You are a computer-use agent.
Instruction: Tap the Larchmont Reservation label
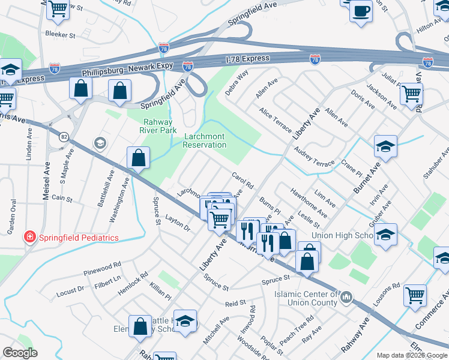click(205, 140)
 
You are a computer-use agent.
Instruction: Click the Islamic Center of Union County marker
click(347, 298)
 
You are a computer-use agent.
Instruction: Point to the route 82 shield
click(64, 137)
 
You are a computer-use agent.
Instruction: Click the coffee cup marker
click(361, 11)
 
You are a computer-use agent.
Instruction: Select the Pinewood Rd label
click(102, 267)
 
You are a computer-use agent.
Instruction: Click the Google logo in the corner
click(20, 353)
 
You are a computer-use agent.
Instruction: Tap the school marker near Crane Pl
click(385, 146)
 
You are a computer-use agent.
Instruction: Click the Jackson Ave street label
click(382, 96)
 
